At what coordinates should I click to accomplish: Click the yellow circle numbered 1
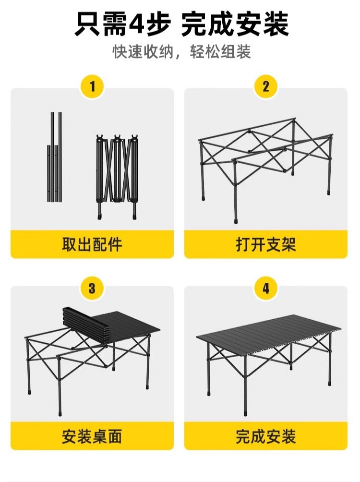click(x=92, y=87)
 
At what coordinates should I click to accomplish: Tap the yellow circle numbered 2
click(x=266, y=87)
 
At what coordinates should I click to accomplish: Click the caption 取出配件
click(x=92, y=244)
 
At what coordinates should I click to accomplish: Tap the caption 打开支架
click(x=266, y=244)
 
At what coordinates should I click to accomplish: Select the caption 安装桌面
click(x=92, y=436)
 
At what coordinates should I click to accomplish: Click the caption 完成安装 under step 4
click(x=266, y=436)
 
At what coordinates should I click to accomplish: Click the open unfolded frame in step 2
click(x=265, y=158)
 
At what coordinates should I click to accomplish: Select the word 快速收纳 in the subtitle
click(x=143, y=52)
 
